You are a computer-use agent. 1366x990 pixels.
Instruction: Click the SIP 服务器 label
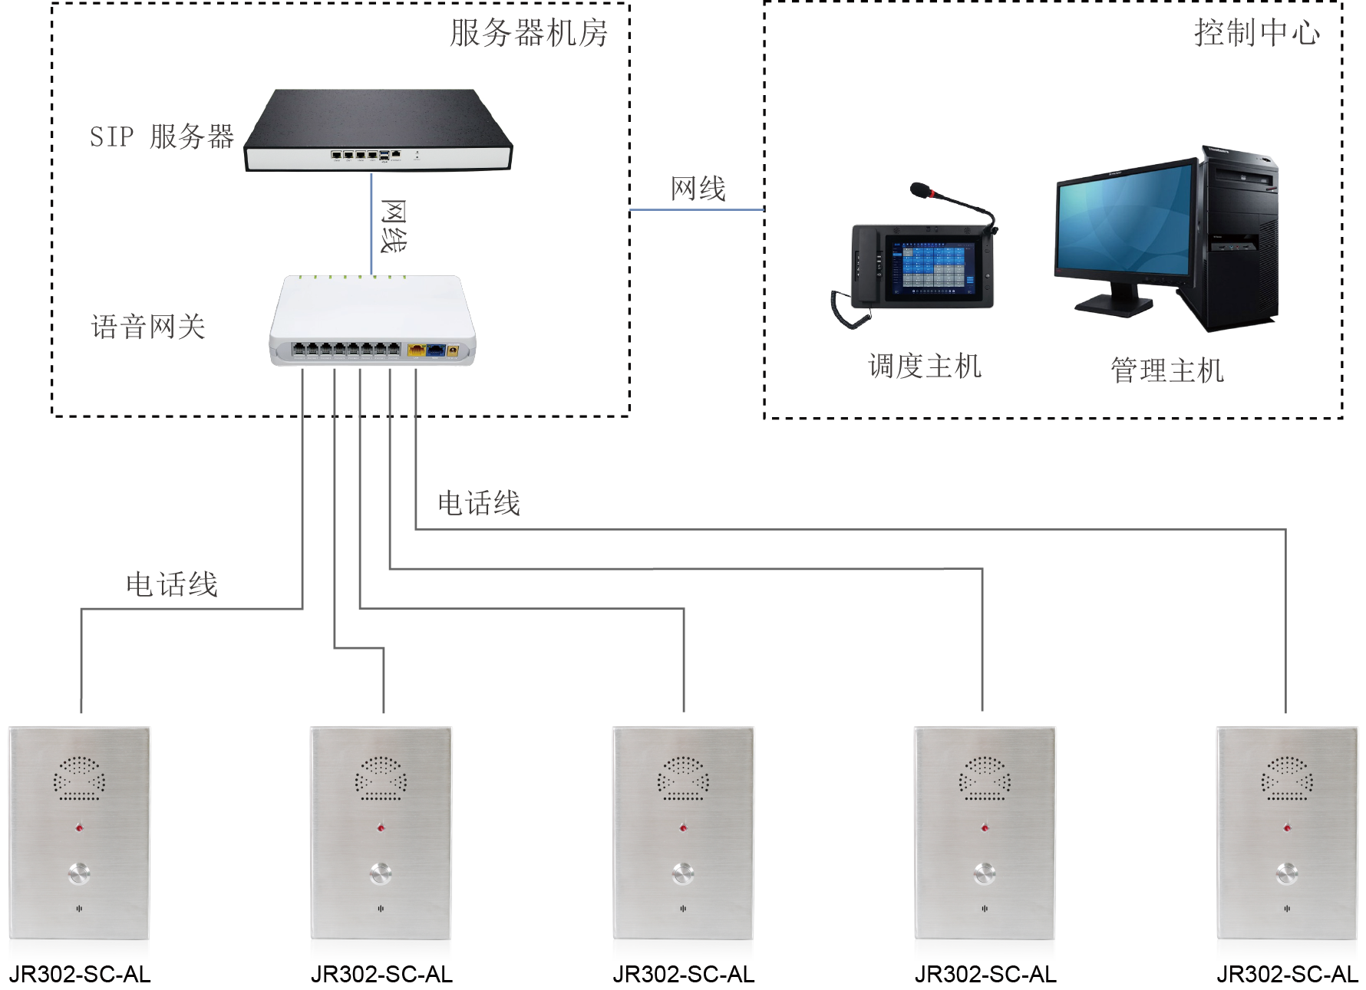(162, 137)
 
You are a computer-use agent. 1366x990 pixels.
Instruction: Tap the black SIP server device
(378, 130)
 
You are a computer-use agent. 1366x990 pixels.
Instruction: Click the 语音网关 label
(148, 327)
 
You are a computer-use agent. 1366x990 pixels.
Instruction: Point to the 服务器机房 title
(529, 33)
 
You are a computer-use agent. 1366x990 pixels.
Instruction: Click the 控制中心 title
(1256, 33)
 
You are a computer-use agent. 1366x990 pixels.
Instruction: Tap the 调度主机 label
(925, 367)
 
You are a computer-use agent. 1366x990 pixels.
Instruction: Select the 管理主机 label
(1166, 370)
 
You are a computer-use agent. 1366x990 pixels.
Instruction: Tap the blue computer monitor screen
(1125, 222)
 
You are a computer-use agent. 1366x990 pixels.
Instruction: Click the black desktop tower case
(1240, 238)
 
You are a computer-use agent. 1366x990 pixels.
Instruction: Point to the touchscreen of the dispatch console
(932, 268)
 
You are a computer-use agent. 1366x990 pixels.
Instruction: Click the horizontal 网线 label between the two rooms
(698, 189)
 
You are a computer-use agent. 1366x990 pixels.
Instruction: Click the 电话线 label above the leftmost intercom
(172, 584)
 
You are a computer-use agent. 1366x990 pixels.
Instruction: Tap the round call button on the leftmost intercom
(79, 873)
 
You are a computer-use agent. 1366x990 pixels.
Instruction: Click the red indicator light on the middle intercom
(683, 827)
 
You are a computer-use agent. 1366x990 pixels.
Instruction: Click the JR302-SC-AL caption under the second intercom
(381, 975)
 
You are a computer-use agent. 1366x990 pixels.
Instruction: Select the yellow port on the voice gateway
(416, 350)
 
